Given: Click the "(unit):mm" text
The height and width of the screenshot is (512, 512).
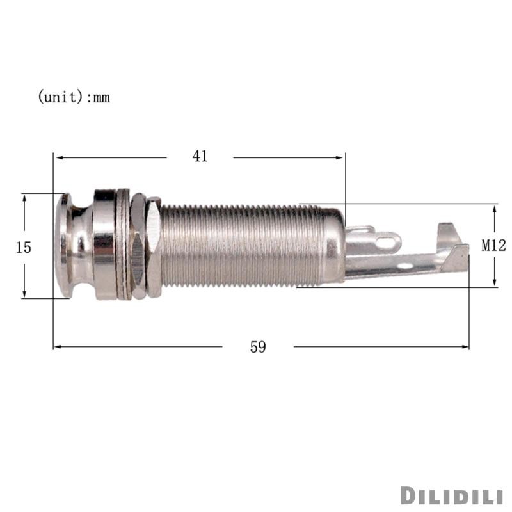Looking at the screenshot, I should coord(74,97).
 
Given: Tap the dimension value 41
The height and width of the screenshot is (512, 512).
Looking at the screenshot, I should coord(200,156).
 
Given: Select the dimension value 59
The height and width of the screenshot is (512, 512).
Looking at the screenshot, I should coord(258,347).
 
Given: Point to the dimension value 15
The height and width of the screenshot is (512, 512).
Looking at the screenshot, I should coord(24,247).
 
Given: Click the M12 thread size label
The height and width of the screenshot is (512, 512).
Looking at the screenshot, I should coord(494,245).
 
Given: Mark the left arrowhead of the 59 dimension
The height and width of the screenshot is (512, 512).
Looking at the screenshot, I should coord(56,347).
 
